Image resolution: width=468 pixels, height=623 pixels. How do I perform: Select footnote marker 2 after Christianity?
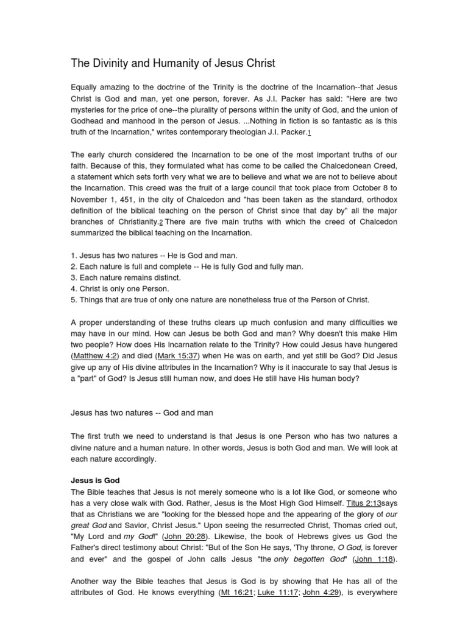[161, 222]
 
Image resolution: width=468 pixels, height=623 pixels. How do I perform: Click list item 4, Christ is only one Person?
[121, 288]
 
